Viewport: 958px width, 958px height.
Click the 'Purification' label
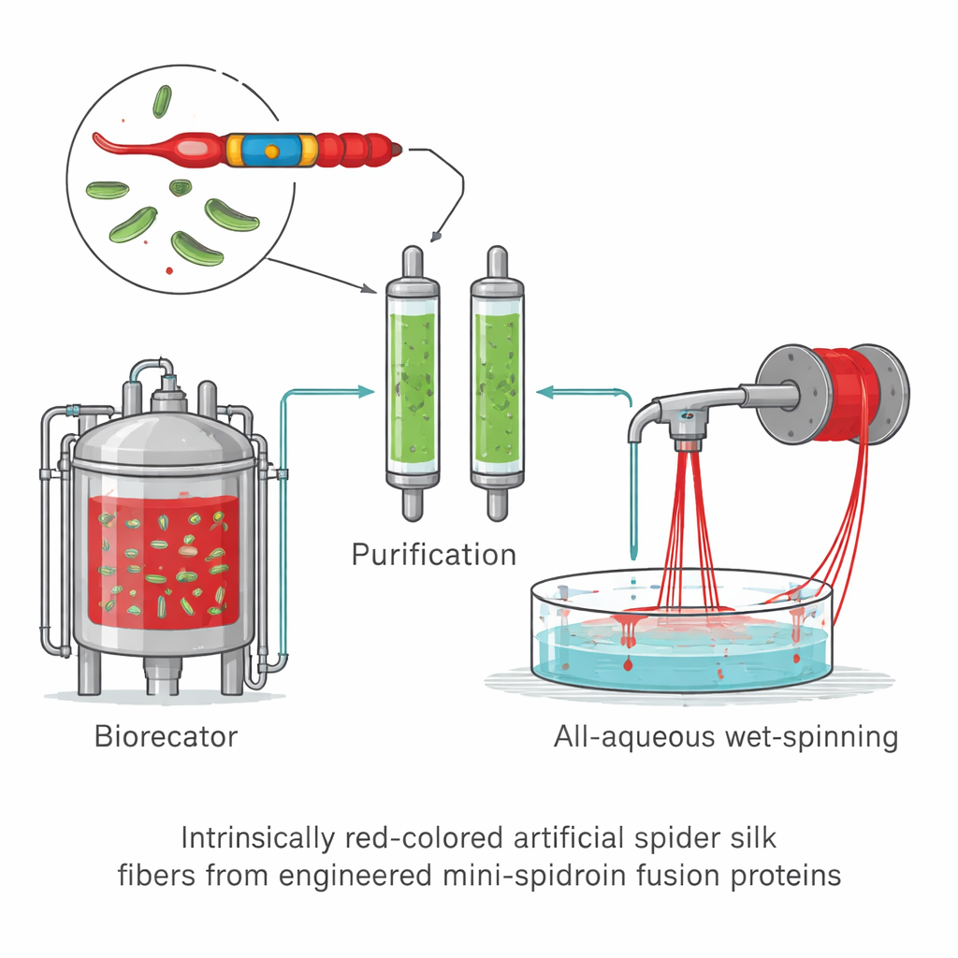433,554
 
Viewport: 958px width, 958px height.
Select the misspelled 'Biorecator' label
167,735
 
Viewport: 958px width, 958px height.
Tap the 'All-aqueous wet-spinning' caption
725,736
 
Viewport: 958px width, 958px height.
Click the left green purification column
412,384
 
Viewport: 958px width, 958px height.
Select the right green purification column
497,384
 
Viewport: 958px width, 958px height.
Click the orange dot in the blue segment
270,150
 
